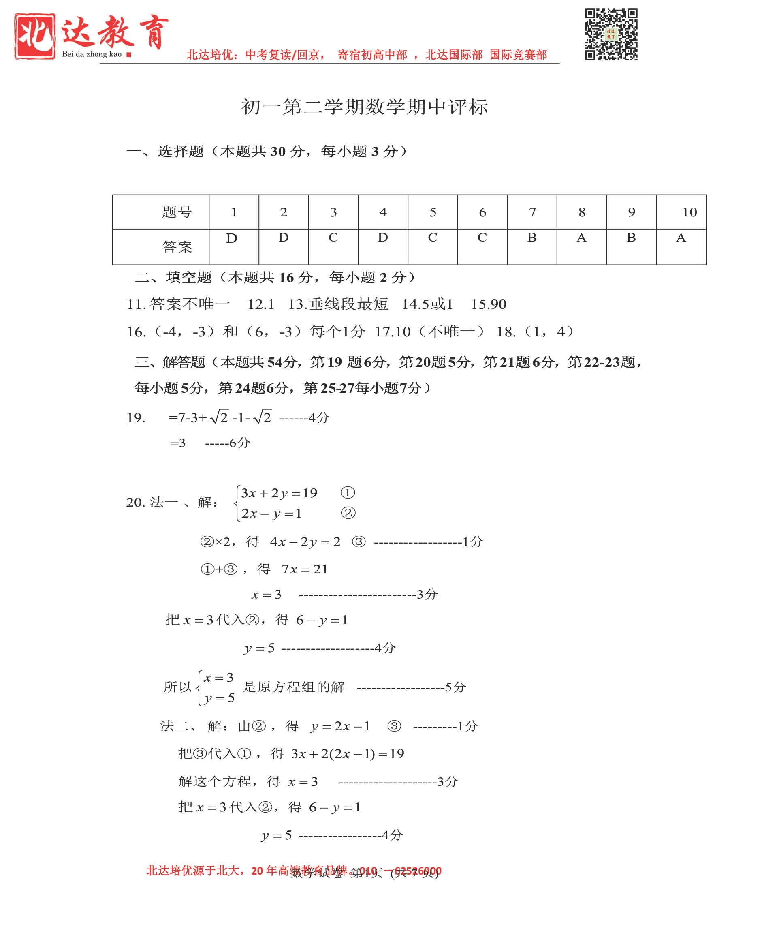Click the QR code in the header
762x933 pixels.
pyautogui.click(x=610, y=34)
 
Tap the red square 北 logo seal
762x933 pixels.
pyautogui.click(x=35, y=36)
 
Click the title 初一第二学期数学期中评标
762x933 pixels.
pyautogui.click(x=364, y=107)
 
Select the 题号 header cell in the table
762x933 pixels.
pyautogui.click(x=177, y=212)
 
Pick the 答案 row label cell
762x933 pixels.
pyautogui.click(x=177, y=247)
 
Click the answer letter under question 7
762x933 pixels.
pyautogui.click(x=531, y=238)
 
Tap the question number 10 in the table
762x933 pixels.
pyautogui.click(x=689, y=212)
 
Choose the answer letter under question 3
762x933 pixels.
pyautogui.click(x=333, y=238)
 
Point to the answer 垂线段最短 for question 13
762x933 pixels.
pyautogui.click(x=348, y=304)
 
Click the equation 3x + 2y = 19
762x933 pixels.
pyautogui.click(x=279, y=493)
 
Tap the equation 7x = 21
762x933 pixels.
pyautogui.click(x=305, y=569)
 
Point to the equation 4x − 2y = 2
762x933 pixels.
pyautogui.click(x=305, y=542)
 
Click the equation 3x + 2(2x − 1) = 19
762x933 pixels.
pyautogui.click(x=348, y=753)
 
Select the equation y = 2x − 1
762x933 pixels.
pyautogui.click(x=340, y=726)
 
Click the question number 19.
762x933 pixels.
pyautogui.click(x=136, y=417)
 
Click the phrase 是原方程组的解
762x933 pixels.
pyautogui.click(x=294, y=687)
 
